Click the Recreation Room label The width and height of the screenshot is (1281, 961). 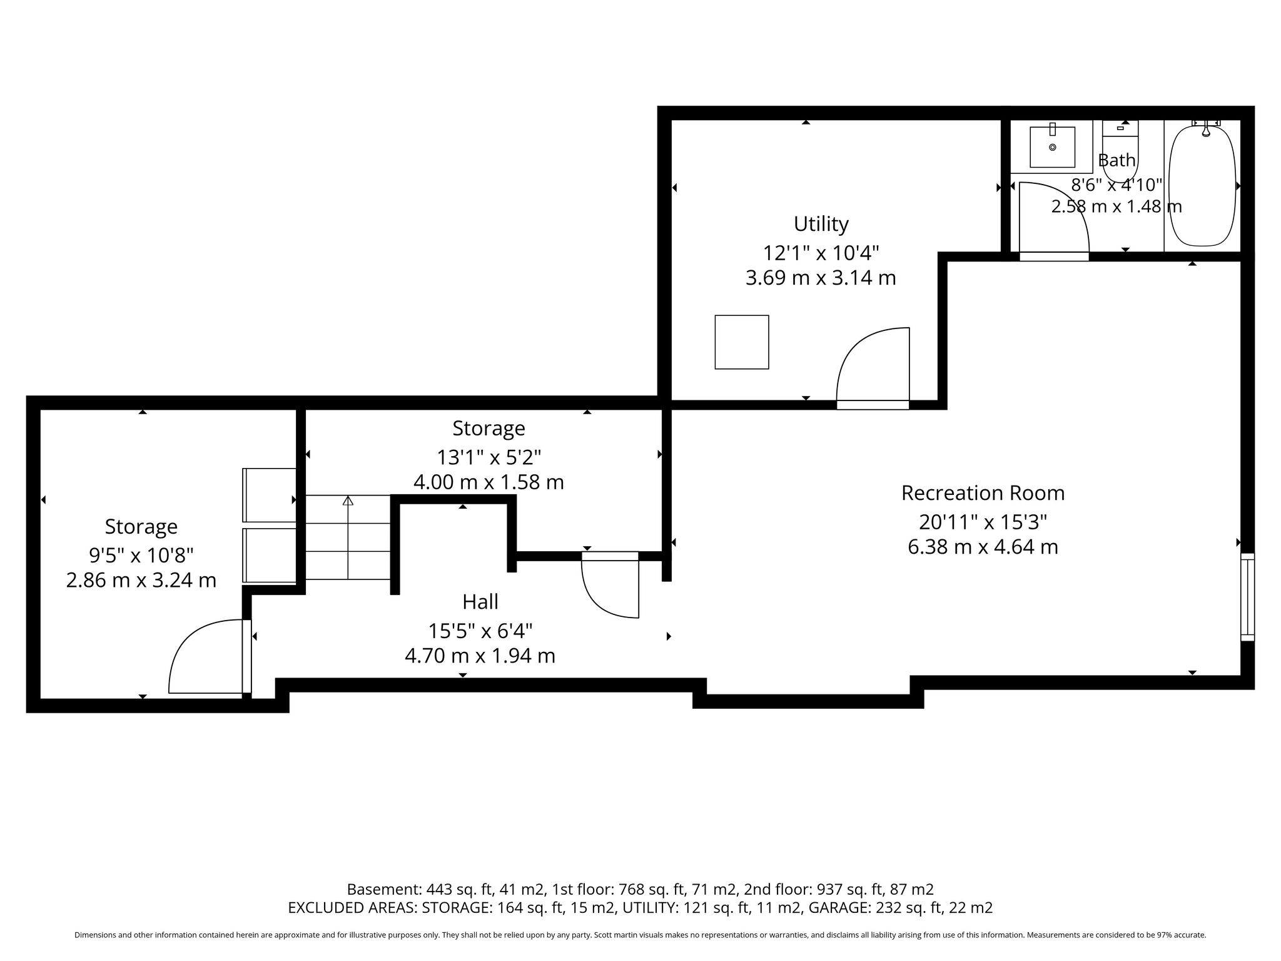pyautogui.click(x=983, y=493)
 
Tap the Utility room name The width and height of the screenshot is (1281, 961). pyautogui.click(x=821, y=224)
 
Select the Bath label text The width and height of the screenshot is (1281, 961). pyautogui.click(x=1116, y=160)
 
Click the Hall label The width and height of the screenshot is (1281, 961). pyautogui.click(x=480, y=602)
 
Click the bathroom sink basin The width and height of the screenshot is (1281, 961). pyautogui.click(x=1052, y=147)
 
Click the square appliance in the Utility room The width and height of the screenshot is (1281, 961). pyautogui.click(x=742, y=342)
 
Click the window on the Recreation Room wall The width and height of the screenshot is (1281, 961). pyautogui.click(x=1247, y=597)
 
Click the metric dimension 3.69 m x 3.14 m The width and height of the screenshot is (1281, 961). pyautogui.click(x=821, y=278)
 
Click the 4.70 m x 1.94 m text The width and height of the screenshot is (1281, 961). pyautogui.click(x=480, y=656)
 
